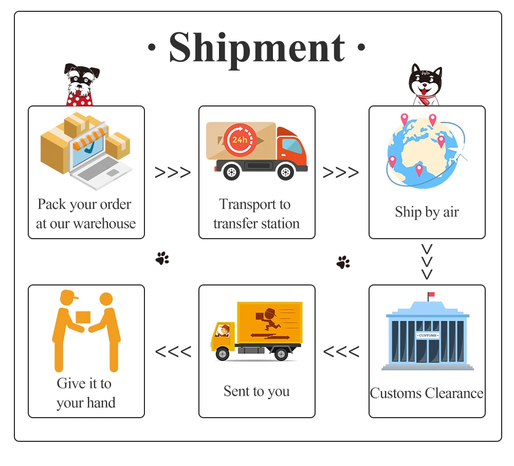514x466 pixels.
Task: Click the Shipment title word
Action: coord(256,47)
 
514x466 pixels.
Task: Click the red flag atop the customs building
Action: coord(431,295)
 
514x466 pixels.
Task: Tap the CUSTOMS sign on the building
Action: coord(427,335)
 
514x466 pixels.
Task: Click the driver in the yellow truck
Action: coord(223,331)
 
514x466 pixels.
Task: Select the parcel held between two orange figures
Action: coord(83,317)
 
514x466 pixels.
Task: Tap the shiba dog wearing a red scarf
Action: coord(425,85)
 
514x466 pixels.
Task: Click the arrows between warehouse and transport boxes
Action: coord(172,173)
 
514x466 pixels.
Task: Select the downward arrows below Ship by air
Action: coord(427,262)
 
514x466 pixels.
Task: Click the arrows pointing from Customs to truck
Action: coord(341,352)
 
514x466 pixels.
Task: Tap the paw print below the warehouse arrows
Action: coord(162,258)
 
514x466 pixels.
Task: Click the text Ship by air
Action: coord(427,212)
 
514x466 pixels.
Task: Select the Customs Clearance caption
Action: coord(427,393)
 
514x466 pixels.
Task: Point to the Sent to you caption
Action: coord(256,391)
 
